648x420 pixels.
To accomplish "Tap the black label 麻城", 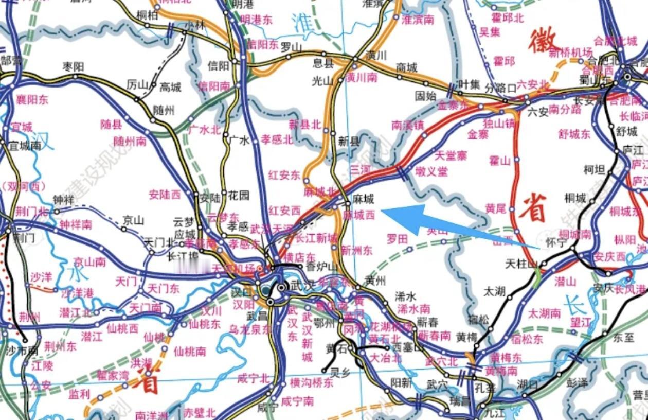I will click(x=363, y=199).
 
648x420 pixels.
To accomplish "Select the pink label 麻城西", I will click(x=359, y=215).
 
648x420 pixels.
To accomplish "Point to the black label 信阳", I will click(x=218, y=65).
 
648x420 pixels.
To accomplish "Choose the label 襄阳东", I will click(x=32, y=99).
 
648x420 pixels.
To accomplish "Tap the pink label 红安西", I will click(x=284, y=210).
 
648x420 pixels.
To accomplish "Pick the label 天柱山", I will click(x=521, y=264).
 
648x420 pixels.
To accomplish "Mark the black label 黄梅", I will click(x=466, y=337).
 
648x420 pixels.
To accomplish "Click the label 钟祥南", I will click(x=76, y=224).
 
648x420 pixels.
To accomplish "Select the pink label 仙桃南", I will click(x=189, y=351).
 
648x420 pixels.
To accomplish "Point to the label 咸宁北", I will click(x=253, y=379).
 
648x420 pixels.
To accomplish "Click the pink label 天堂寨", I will click(x=451, y=155).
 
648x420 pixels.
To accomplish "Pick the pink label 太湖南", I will click(x=545, y=312).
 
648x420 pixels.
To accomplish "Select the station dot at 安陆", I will click(x=196, y=194).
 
